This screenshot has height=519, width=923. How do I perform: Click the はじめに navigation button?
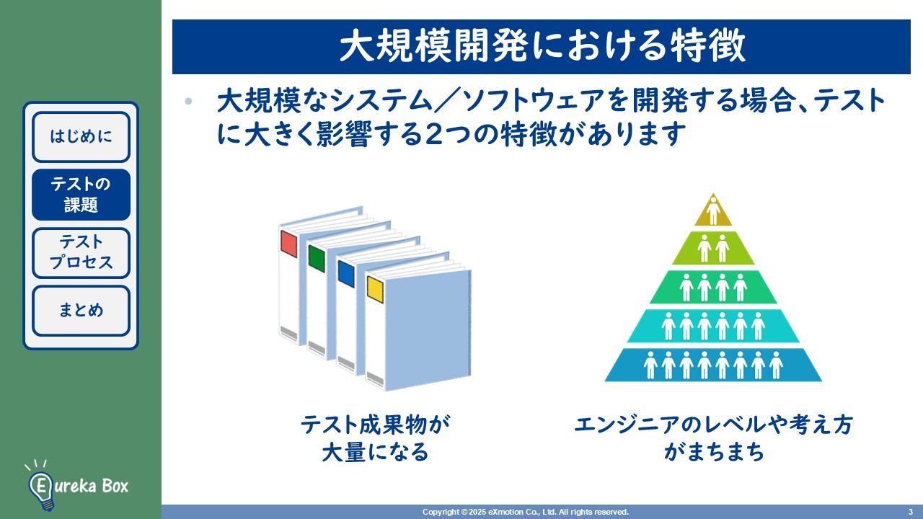[x=81, y=136]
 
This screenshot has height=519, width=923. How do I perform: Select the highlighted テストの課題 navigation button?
[x=81, y=195]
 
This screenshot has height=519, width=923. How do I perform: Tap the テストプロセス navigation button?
[x=81, y=252]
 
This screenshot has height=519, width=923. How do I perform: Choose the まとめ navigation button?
[x=81, y=311]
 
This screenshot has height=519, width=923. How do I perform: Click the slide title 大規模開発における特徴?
[x=542, y=47]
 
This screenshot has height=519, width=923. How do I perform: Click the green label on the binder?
[x=317, y=258]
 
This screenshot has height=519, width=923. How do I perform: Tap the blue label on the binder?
[x=346, y=274]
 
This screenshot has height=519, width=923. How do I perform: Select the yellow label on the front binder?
[x=375, y=288]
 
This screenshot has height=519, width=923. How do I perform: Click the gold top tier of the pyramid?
[x=713, y=210]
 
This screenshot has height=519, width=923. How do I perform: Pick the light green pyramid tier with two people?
[x=713, y=249]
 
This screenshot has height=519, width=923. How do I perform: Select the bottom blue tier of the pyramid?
[x=713, y=365]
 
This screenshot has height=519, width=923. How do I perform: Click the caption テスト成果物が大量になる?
[x=375, y=438]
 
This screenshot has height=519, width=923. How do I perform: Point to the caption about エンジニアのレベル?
[x=713, y=438]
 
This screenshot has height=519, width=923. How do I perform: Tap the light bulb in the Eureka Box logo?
[x=40, y=485]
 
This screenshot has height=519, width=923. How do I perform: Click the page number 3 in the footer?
[x=910, y=512]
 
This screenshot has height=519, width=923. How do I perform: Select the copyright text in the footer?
[x=526, y=512]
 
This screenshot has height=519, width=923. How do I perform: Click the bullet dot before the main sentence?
[x=189, y=102]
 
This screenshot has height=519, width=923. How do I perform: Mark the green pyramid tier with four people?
[x=713, y=287]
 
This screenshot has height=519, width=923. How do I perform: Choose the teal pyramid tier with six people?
[x=713, y=326]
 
